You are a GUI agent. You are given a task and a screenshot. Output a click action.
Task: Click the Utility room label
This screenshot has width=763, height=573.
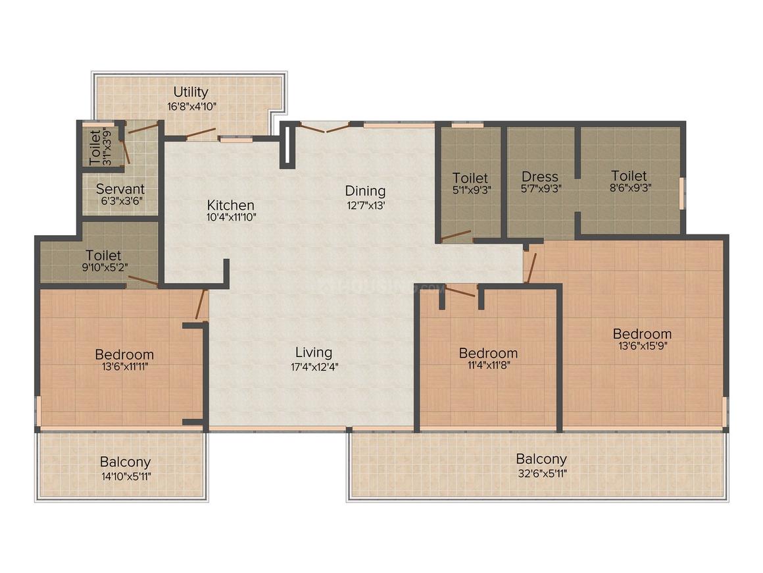coord(191,92)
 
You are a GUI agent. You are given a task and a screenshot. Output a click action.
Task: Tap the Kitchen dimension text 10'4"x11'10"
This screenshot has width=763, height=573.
coord(231,217)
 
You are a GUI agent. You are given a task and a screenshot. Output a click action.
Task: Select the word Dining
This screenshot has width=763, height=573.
coord(365,190)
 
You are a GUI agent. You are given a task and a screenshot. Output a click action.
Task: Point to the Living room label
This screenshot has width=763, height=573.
coord(314,352)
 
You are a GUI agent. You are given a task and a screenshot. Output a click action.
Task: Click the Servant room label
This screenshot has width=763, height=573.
coord(120,188)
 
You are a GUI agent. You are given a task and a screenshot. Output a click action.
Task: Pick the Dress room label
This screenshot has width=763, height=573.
coord(539,177)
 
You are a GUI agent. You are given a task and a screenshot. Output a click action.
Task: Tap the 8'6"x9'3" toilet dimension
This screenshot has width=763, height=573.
coord(631,188)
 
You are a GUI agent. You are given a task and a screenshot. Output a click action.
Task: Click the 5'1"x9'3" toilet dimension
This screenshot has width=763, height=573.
coord(472,190)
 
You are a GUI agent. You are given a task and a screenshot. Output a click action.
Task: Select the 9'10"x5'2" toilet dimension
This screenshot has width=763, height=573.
coord(105,267)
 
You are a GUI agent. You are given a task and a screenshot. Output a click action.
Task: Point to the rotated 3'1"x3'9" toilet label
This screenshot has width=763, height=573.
coord(101,147)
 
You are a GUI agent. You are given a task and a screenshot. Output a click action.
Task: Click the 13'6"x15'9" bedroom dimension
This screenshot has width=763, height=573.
coord(643,346)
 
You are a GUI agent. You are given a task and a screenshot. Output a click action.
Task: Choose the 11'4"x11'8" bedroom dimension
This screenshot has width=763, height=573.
coord(488,365)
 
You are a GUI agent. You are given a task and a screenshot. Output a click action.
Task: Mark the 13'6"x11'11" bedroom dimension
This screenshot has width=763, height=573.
coord(125,366)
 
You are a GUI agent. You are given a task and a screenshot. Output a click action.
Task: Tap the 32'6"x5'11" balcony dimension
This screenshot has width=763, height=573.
coord(542,473)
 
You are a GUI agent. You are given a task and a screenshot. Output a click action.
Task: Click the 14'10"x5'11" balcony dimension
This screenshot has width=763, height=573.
coord(126,476)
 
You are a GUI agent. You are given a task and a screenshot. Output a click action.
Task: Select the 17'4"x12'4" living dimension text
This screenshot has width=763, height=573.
coord(314,367)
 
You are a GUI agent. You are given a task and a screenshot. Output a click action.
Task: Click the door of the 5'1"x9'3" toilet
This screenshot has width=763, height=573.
coord(456,236)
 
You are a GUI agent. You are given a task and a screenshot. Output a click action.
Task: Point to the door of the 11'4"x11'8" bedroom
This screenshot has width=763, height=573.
coord(460,291)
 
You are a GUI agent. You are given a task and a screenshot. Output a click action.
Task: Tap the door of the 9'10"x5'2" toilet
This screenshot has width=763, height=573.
coord(143,280)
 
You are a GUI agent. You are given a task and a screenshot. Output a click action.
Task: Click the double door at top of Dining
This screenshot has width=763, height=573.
coord(324,128)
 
